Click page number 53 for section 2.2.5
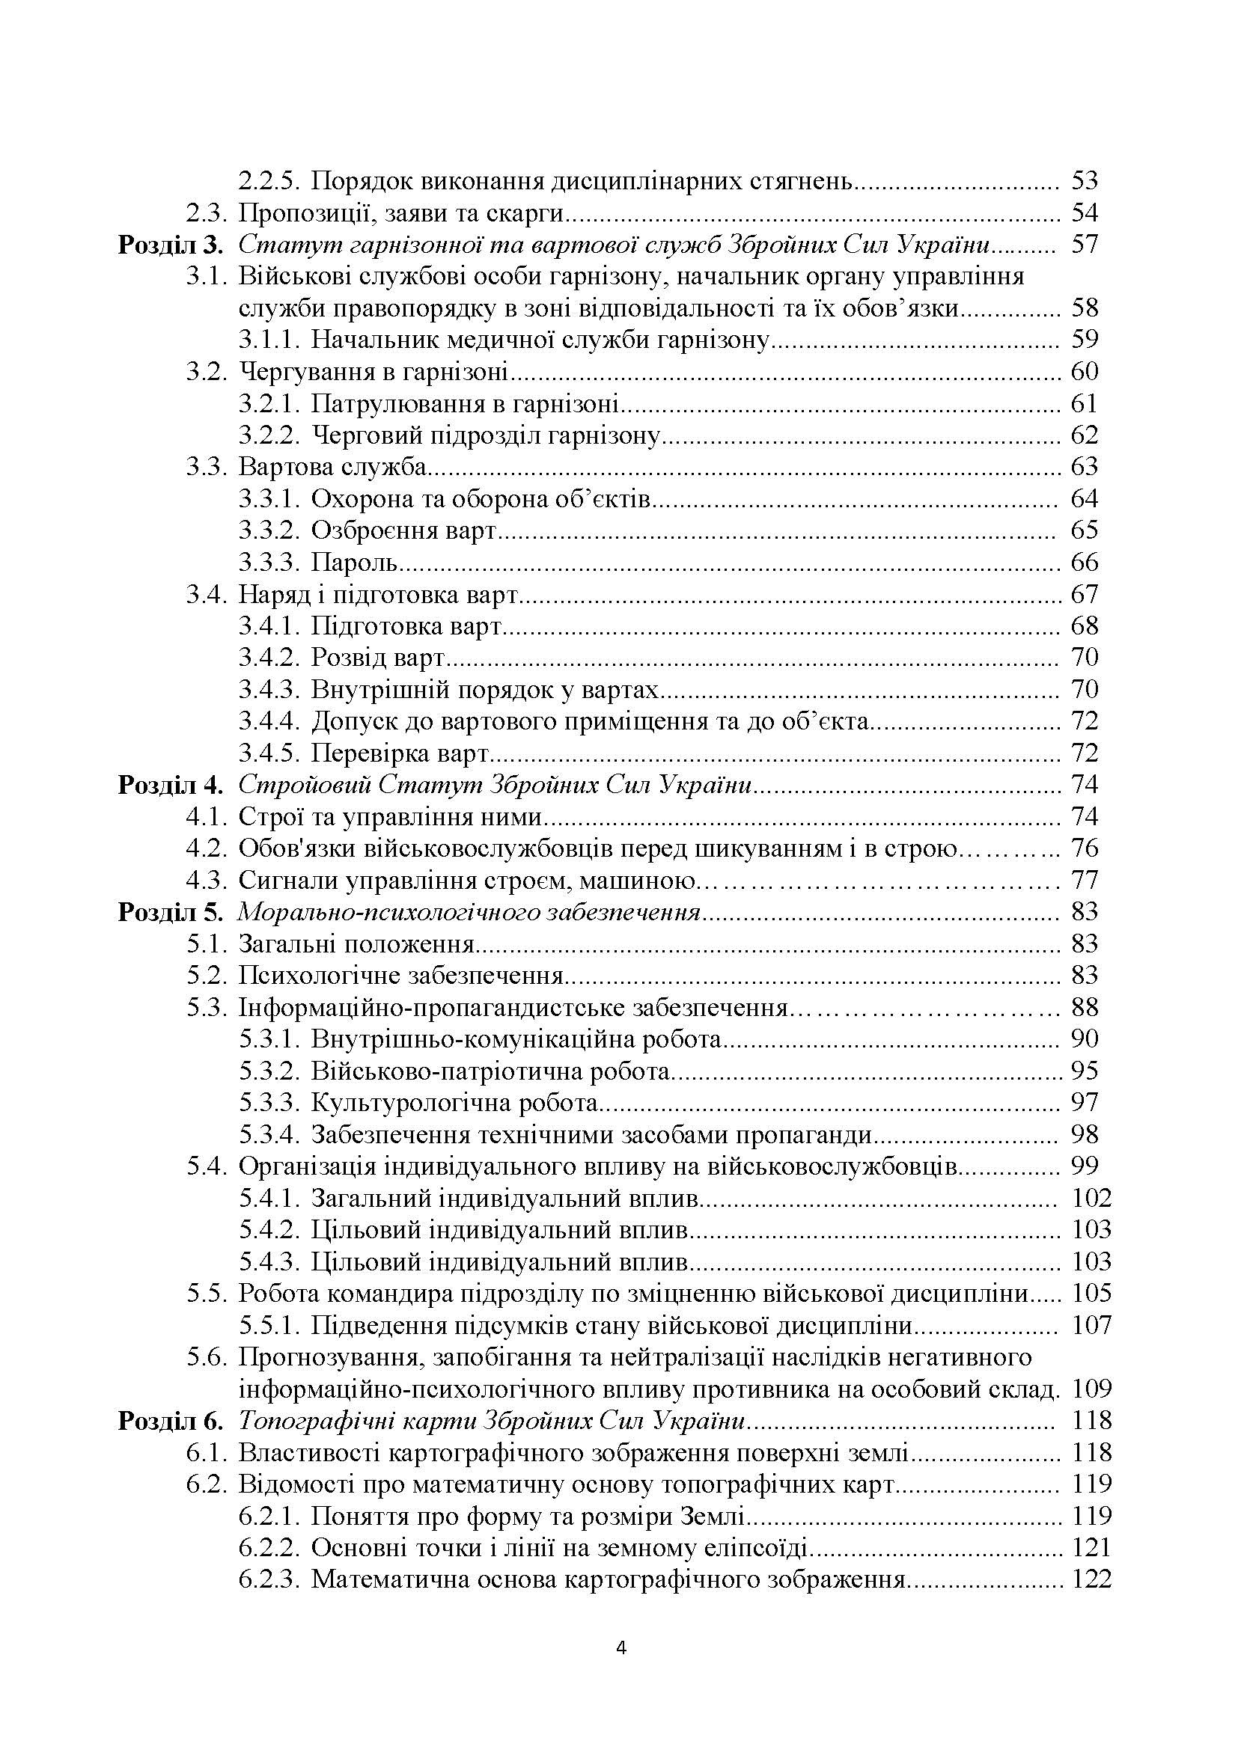(x=1084, y=181)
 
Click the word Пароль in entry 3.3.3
(x=355, y=563)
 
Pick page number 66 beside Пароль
(x=1084, y=563)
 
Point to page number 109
(x=1091, y=1389)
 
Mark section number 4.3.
(x=207, y=881)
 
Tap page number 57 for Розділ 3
(x=1084, y=245)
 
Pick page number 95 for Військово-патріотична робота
(x=1084, y=1071)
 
